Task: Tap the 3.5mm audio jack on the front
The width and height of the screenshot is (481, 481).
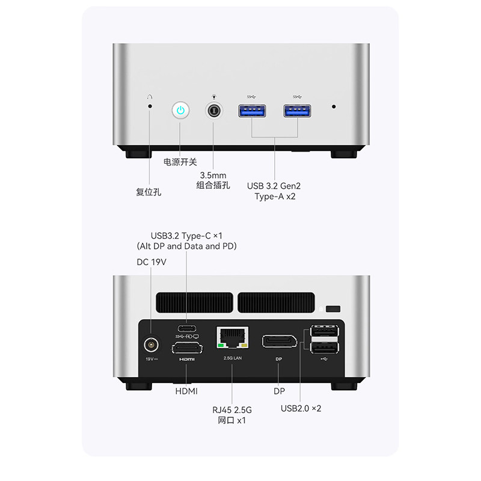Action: pyautogui.click(x=214, y=111)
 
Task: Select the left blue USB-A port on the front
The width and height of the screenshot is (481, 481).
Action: pyautogui.click(x=253, y=111)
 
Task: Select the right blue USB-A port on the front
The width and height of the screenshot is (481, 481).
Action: pyautogui.click(x=298, y=111)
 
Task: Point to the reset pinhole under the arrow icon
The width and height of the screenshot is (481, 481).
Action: pyautogui.click(x=150, y=106)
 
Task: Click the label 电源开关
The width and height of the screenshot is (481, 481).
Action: pyautogui.click(x=180, y=162)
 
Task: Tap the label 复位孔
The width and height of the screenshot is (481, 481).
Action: pyautogui.click(x=149, y=192)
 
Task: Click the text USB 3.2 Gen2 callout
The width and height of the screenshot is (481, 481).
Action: pyautogui.click(x=275, y=185)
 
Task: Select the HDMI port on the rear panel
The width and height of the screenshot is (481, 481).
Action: pyautogui.click(x=188, y=347)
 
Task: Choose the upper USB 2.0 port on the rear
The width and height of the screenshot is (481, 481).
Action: pyautogui.click(x=325, y=332)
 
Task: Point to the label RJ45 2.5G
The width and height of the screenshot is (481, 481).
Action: pyautogui.click(x=231, y=409)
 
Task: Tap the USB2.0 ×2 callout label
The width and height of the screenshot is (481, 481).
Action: pyautogui.click(x=301, y=408)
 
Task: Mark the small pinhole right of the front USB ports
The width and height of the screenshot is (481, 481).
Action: pyautogui.click(x=334, y=106)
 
